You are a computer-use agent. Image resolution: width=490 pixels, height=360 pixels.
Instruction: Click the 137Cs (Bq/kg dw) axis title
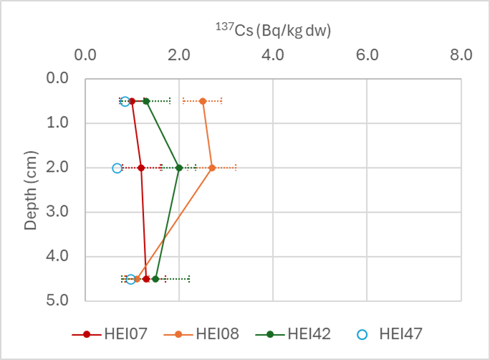point(273,30)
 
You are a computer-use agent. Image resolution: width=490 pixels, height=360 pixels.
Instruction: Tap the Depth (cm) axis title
point(29,190)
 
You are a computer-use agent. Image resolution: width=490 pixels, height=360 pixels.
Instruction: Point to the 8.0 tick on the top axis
point(461,54)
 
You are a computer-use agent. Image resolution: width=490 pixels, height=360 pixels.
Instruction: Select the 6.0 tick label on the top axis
point(367,54)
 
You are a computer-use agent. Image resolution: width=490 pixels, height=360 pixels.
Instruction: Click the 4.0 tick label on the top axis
point(273,54)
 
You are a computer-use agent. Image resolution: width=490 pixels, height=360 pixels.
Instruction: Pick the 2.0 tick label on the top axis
point(179,54)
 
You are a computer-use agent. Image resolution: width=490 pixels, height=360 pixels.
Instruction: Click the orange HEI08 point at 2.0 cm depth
point(212,167)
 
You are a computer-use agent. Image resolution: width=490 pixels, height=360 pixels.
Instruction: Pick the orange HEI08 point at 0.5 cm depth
point(203,101)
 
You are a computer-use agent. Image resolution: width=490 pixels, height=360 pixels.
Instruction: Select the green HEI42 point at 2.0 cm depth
point(179,167)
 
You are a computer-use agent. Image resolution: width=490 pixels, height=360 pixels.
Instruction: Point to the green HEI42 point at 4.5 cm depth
point(155,278)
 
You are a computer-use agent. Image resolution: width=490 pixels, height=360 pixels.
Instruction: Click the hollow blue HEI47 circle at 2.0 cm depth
point(117,167)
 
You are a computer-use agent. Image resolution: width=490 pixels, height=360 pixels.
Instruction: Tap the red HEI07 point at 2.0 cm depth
point(141,167)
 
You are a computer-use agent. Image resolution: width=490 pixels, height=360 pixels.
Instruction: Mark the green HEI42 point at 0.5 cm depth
point(146,101)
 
